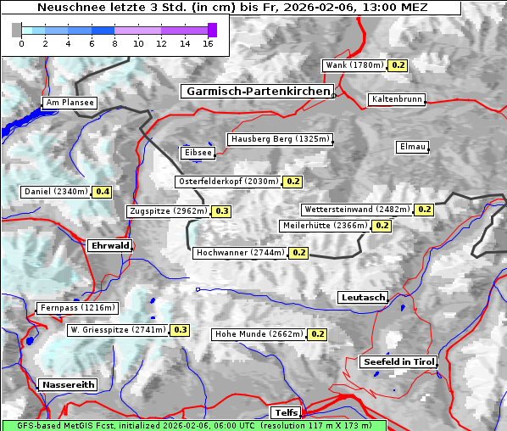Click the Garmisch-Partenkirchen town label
pyautogui.click(x=256, y=91)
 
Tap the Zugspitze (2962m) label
pyautogui.click(x=167, y=211)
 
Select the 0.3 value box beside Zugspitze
pyautogui.click(x=222, y=211)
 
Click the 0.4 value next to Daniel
pyautogui.click(x=103, y=192)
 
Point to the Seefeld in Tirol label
pyautogui.click(x=398, y=361)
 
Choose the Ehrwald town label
pyautogui.click(x=109, y=245)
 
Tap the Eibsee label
pyautogui.click(x=197, y=153)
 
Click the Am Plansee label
pyautogui.click(x=70, y=103)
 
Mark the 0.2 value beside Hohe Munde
pyautogui.click(x=318, y=334)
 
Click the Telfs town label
pyautogui.click(x=284, y=412)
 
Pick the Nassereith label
pyautogui.click(x=68, y=384)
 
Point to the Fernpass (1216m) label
pyautogui.click(x=77, y=308)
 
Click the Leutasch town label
pyautogui.click(x=363, y=297)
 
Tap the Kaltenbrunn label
pyautogui.click(x=396, y=99)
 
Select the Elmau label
pyautogui.click(x=412, y=147)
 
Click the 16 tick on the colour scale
pyautogui.click(x=207, y=43)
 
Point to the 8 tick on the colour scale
pyautogui.click(x=114, y=43)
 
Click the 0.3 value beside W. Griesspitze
pyautogui.click(x=181, y=330)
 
